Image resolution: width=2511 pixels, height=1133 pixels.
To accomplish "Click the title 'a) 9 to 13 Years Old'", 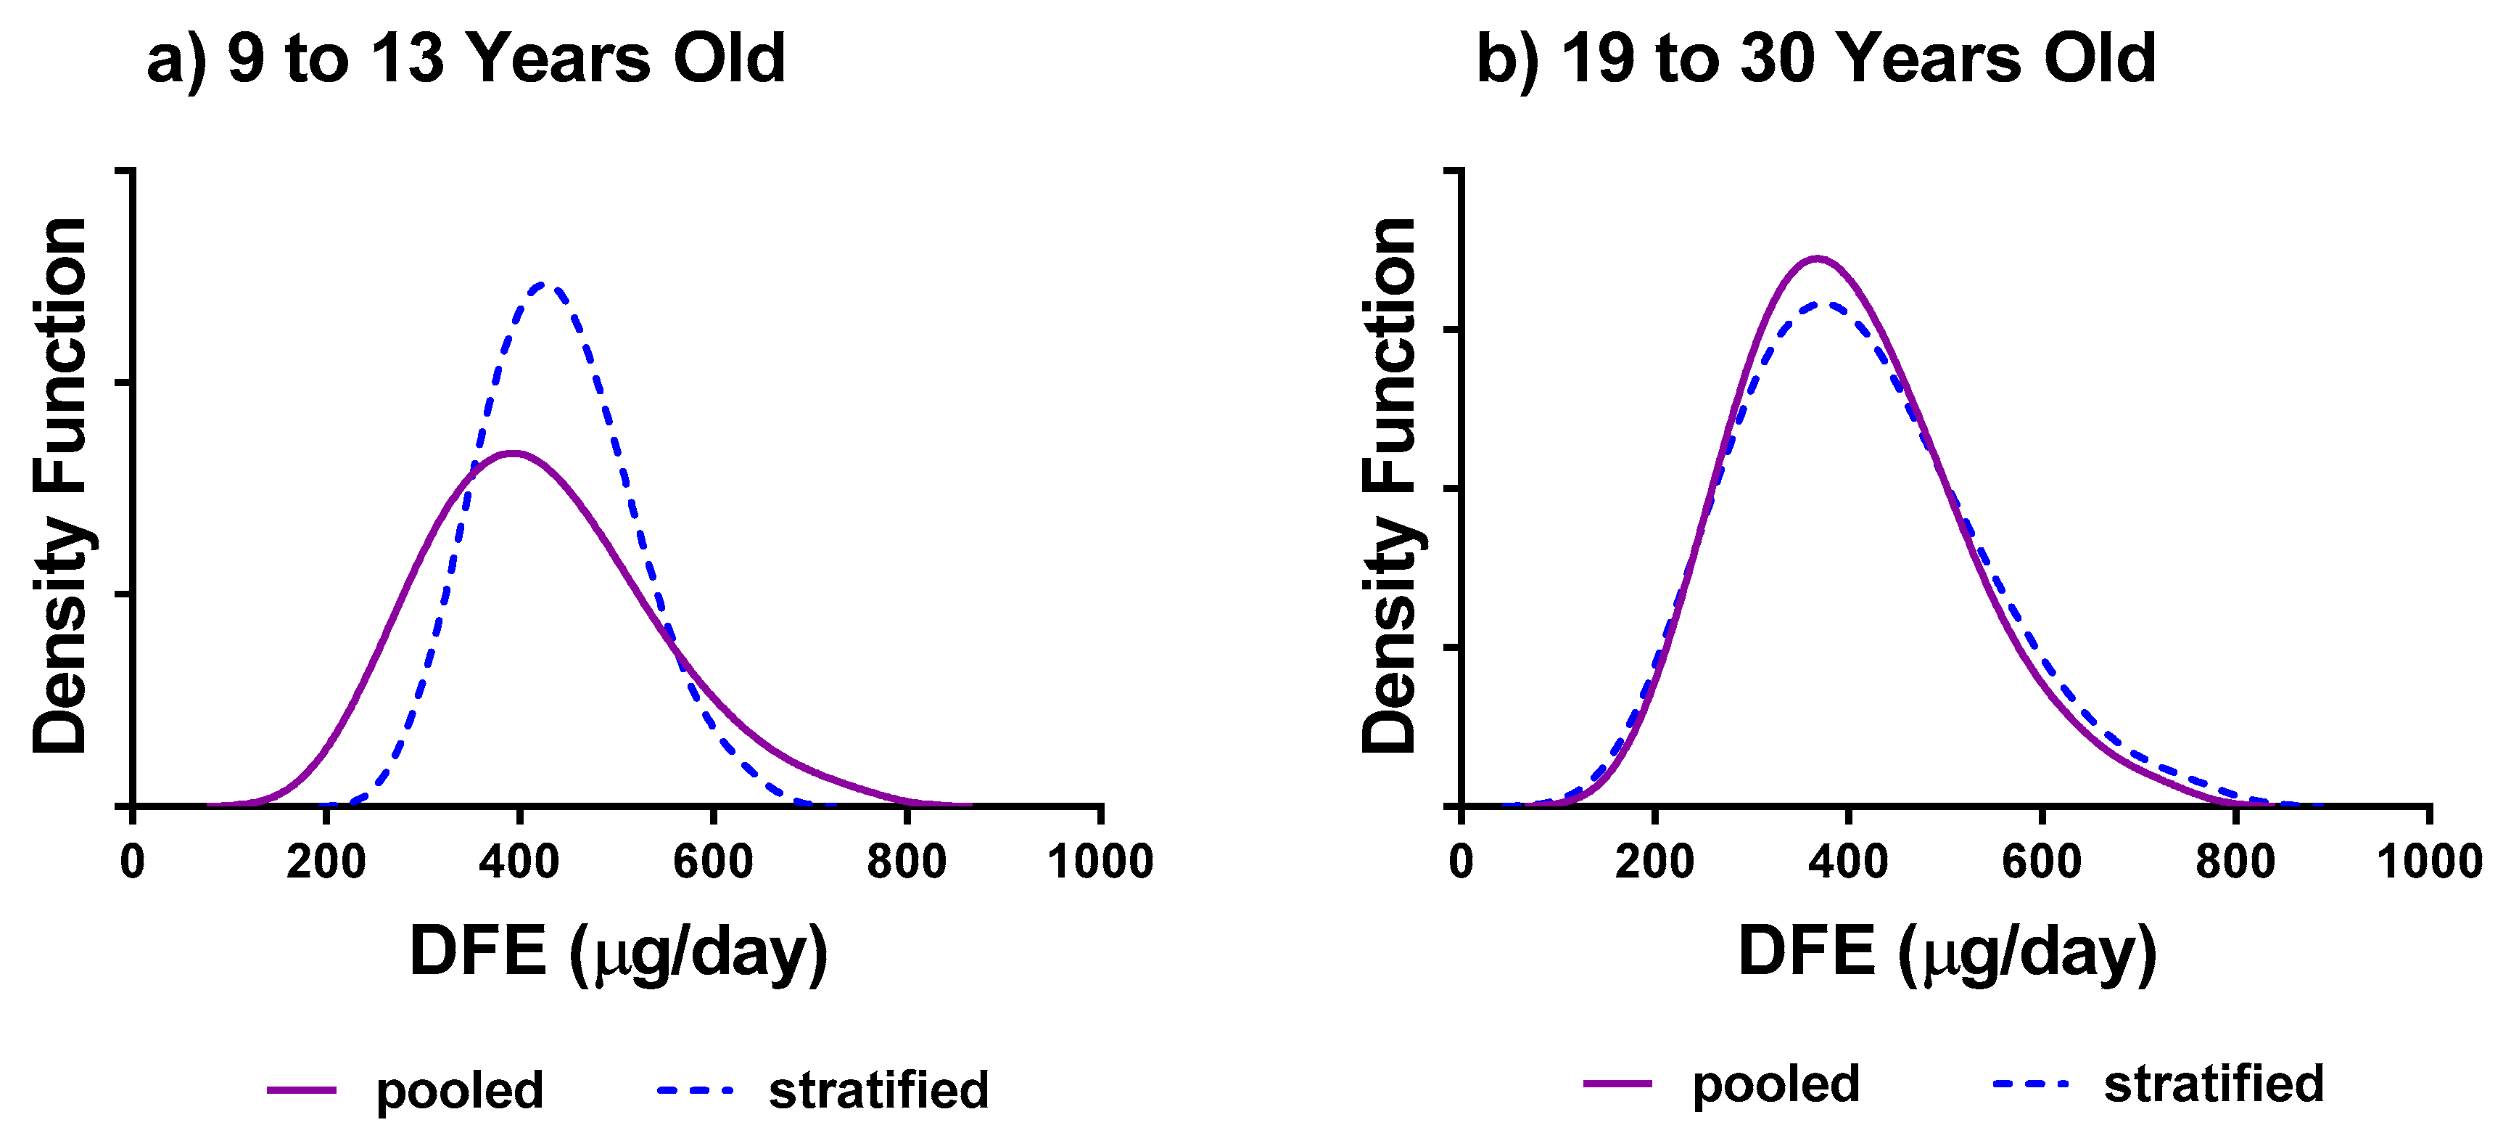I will coord(466,59).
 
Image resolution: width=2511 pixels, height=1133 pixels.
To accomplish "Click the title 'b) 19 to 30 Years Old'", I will coord(1815,59).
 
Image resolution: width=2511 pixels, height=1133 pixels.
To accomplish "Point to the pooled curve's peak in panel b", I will coord(1817,258).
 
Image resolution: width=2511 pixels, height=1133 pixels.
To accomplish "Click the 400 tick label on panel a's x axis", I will coord(519,862).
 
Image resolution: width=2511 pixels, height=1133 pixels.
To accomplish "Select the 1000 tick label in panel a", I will coord(1100,862).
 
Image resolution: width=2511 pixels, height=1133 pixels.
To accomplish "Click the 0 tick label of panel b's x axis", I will coord(1460,862).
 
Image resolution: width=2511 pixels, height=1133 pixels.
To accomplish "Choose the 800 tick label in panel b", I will coord(2235,862).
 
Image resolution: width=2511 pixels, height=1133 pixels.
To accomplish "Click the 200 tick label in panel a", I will coord(326,862).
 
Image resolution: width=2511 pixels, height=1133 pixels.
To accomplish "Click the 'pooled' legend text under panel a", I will coord(459,1090).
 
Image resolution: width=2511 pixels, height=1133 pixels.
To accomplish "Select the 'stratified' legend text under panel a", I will coord(878,1090).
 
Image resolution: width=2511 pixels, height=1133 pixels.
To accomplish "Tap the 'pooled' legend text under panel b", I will coord(1775,1084).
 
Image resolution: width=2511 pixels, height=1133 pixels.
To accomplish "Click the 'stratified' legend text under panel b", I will coord(2214,1084).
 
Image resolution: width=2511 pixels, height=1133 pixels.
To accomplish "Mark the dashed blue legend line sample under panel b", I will coord(2030,1083).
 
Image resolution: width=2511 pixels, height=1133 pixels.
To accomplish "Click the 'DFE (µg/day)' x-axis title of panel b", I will coord(1947,952).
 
